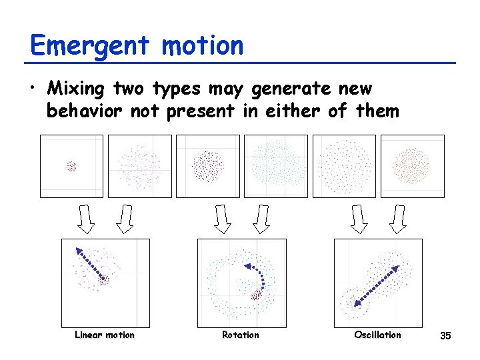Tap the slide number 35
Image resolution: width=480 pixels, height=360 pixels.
point(445,335)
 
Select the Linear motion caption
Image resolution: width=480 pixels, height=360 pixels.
point(105,335)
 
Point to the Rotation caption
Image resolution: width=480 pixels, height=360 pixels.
point(240,335)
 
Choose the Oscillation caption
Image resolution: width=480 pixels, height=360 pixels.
point(377,335)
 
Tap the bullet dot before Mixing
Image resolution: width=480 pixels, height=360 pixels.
point(34,89)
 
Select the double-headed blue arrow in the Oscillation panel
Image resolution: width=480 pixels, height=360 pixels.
point(376,286)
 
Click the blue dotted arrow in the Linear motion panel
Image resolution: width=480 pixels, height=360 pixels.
point(91,265)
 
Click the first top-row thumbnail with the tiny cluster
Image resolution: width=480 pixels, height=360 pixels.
point(71,166)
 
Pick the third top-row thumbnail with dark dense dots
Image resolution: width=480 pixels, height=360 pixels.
point(208,166)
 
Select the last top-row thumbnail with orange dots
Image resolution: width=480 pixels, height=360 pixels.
point(413,166)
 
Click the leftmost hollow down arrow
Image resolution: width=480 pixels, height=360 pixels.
point(87,219)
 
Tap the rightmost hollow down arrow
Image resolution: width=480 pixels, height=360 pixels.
point(399,219)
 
